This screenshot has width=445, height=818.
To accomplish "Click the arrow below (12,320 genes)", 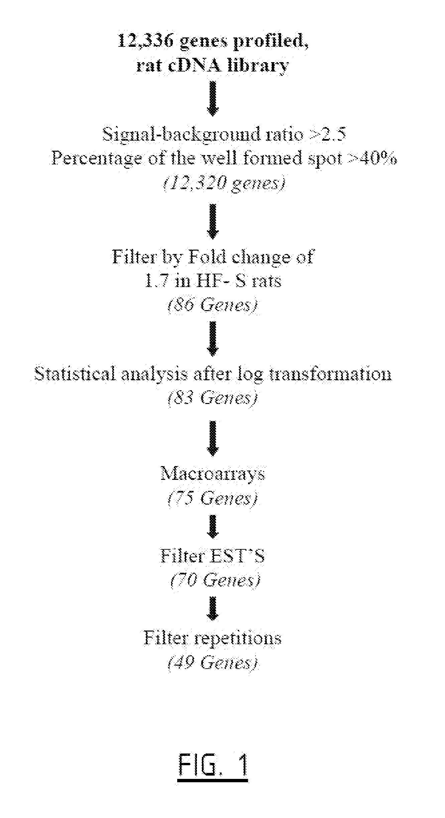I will pos(213,221).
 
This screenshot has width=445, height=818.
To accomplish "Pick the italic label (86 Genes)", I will pos(213,305).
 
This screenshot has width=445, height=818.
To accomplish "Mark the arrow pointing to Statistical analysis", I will pos(213,338).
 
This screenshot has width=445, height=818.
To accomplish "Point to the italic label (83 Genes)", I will pos(213,398).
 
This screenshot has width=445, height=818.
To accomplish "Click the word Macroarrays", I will pos(213,474).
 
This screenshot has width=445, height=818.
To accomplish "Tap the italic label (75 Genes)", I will pos(213,498).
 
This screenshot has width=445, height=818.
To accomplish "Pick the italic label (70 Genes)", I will pos(215,580).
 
